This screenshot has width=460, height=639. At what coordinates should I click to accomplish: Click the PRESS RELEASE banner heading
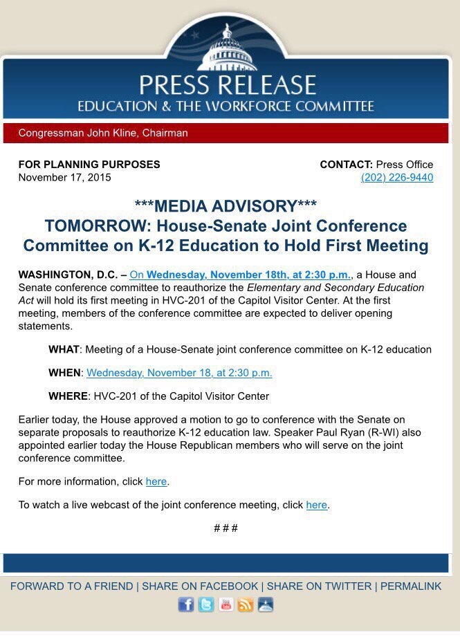[x=227, y=85]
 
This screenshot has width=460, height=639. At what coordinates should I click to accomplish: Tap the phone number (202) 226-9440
[x=397, y=178]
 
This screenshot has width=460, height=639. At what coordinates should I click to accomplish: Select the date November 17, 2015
[x=64, y=178]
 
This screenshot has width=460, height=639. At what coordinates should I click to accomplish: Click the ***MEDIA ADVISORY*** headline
[x=226, y=206]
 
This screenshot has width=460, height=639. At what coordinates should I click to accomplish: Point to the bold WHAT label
[x=64, y=350]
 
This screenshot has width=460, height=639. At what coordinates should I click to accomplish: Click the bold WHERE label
[x=68, y=396]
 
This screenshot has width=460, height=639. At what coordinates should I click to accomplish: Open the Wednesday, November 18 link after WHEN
[x=179, y=373]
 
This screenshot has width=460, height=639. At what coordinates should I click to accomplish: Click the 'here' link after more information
[x=156, y=481]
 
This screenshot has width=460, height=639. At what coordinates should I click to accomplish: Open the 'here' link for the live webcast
[x=316, y=505]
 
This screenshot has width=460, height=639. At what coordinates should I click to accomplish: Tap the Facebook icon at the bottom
[x=186, y=604]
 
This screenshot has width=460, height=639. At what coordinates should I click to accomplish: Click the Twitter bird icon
[x=206, y=604]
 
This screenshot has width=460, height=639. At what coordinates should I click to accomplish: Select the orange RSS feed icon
[x=246, y=604]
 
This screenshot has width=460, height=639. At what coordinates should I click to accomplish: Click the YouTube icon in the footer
[x=226, y=604]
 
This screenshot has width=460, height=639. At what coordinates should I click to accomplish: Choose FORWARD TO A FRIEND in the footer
[x=71, y=586]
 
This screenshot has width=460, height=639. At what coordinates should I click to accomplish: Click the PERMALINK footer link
[x=410, y=586]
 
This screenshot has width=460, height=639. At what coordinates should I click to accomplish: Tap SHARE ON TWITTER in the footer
[x=319, y=586]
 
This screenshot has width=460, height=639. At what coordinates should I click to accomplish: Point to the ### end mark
[x=226, y=528]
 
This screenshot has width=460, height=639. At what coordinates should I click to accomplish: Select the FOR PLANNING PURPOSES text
[x=89, y=165]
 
